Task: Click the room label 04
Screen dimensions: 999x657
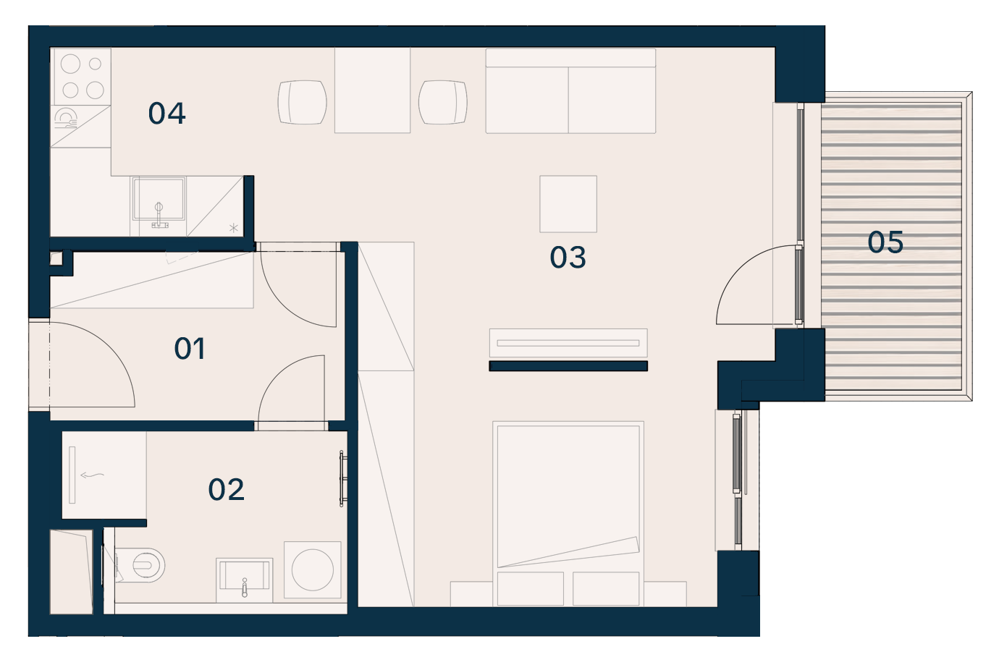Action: [166, 113]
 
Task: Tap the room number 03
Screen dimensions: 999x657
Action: [568, 257]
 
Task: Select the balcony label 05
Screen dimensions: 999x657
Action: [885, 242]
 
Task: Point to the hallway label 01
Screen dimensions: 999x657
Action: [190, 348]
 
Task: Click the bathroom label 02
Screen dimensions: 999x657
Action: [226, 489]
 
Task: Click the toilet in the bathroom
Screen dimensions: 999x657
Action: [142, 565]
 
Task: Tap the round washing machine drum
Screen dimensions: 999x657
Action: [313, 569]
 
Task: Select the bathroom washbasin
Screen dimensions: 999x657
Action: [245, 580]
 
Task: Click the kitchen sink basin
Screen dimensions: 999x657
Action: [159, 199]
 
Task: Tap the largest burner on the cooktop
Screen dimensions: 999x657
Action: [70, 64]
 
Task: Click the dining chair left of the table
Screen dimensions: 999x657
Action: [302, 102]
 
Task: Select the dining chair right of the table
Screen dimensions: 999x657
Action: [443, 102]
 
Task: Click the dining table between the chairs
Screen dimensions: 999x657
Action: [372, 90]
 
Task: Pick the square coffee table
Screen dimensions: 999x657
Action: [568, 204]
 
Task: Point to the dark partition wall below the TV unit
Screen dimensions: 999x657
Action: [568, 366]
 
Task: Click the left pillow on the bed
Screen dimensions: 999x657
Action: [531, 589]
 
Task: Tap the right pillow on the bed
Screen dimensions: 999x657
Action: [606, 589]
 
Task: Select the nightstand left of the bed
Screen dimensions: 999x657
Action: [471, 594]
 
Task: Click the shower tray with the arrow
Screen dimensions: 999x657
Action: [104, 475]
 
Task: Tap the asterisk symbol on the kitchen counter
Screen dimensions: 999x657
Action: [234, 228]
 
